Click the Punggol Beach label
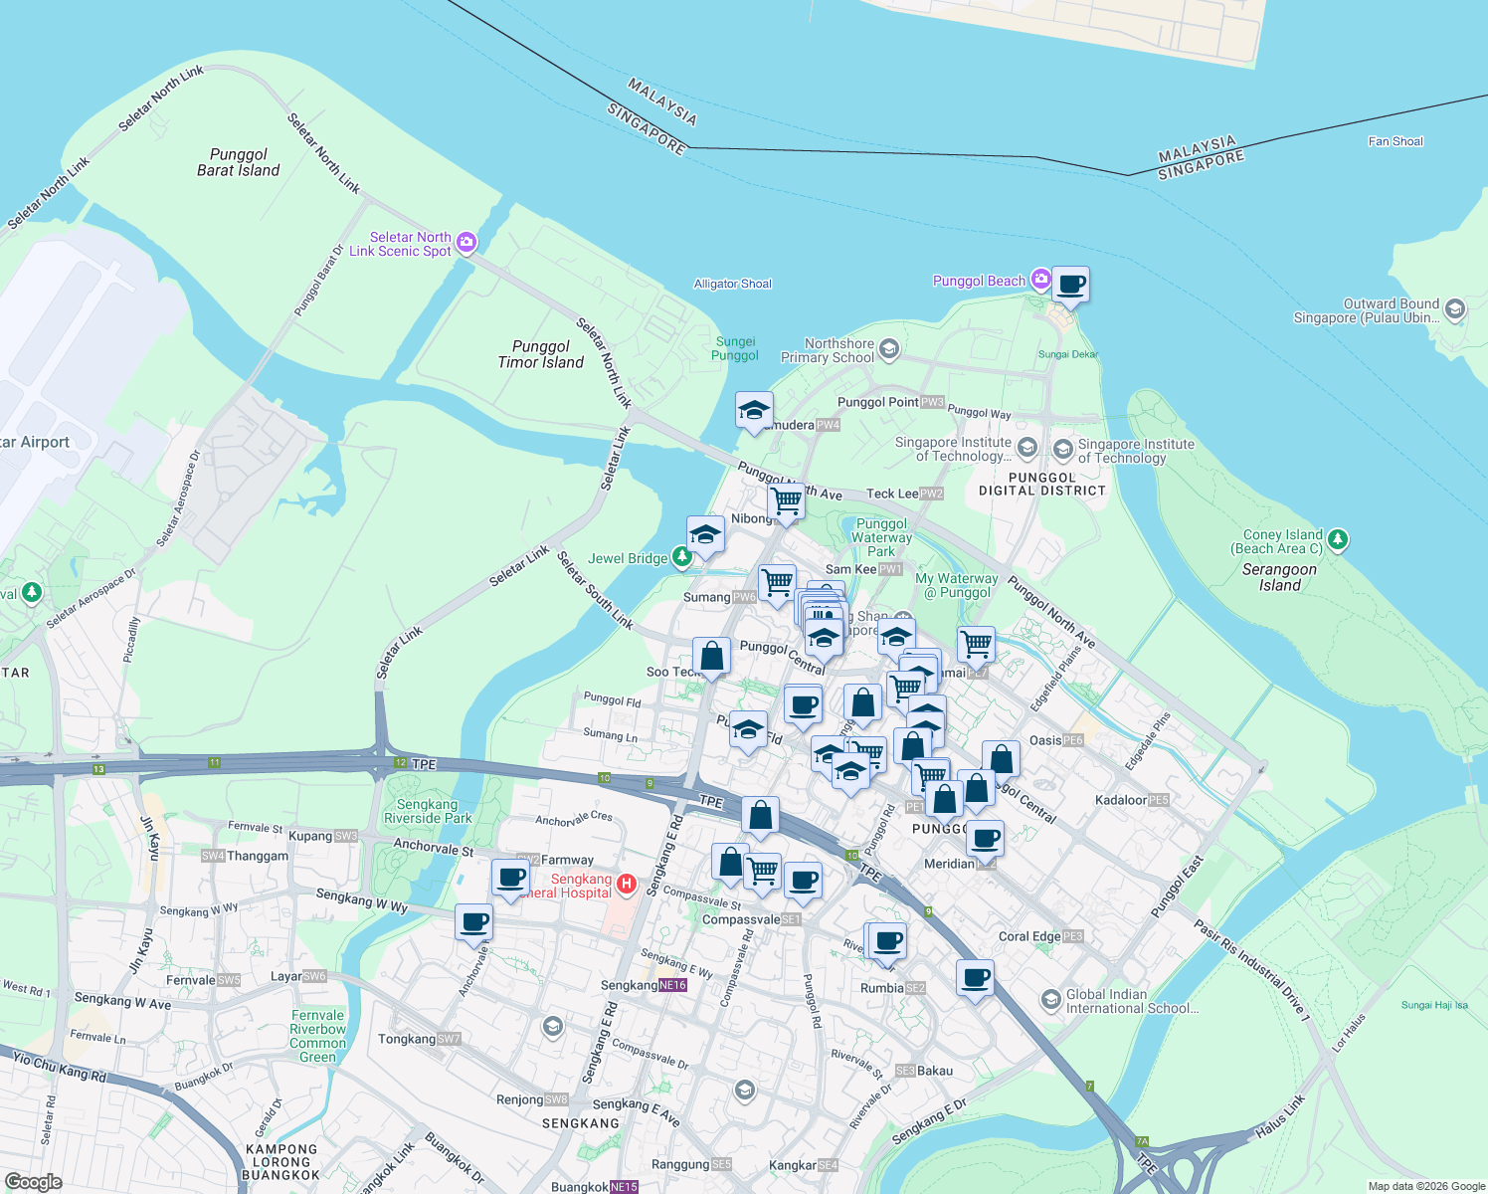[979, 282]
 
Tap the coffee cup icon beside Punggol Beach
[1070, 285]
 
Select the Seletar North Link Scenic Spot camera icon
[465, 243]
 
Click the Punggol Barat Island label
[239, 162]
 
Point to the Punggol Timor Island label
[541, 354]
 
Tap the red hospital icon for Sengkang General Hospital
[626, 883]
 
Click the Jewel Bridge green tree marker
[682, 557]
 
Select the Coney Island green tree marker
[1338, 539]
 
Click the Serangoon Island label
[1279, 577]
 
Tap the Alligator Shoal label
[733, 284]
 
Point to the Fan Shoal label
[1395, 141]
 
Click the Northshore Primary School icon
[889, 348]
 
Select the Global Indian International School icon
[1051, 999]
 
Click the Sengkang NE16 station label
[644, 985]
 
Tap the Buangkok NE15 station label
[594, 1187]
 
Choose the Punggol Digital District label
[1042, 484]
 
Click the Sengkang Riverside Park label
[428, 811]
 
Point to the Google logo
[34, 1182]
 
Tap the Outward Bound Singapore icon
[1454, 309]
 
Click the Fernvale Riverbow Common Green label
[318, 1036]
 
